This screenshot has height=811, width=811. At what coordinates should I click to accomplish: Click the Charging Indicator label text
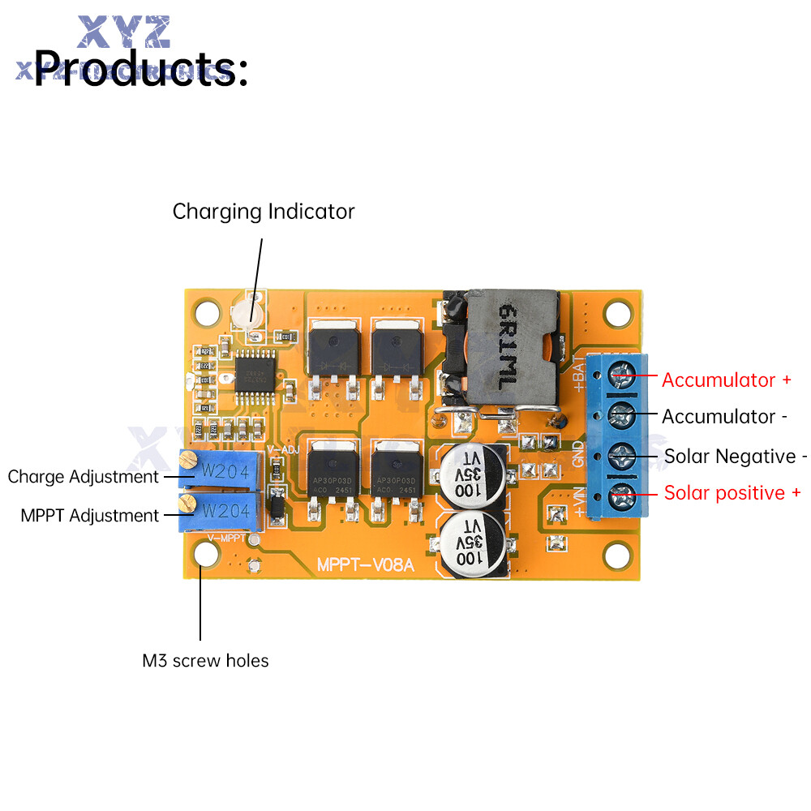[x=264, y=212]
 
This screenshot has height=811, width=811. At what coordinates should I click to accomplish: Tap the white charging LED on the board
[x=250, y=313]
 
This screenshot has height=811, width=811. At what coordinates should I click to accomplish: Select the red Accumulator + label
[x=727, y=380]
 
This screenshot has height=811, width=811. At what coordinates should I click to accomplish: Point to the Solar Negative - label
[x=736, y=456]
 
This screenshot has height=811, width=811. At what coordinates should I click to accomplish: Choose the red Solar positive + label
[x=732, y=492]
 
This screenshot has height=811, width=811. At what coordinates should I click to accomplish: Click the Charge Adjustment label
[x=84, y=476]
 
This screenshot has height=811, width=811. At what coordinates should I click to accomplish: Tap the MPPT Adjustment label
[x=90, y=515]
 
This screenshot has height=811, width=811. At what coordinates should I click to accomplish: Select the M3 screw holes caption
[x=205, y=661]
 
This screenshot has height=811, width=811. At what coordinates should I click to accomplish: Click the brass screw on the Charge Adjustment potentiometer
[x=187, y=463]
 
